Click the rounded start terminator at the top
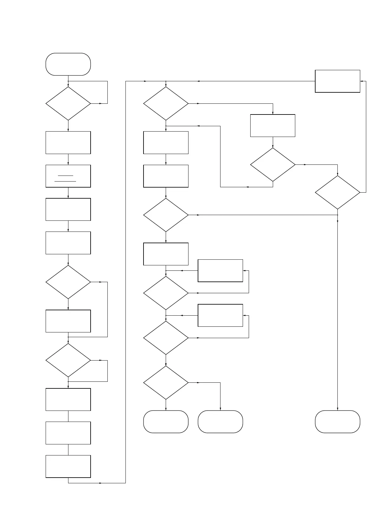coord(68,64)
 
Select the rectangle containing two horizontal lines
coord(68,176)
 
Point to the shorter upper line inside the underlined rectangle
coord(66,176)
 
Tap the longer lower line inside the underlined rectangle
coord(65,181)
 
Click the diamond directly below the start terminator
coord(68,103)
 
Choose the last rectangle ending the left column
coord(68,466)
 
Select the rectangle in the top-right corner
coord(337,81)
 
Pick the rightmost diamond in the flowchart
coord(337,192)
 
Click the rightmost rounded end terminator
coord(337,422)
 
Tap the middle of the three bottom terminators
coord(220,422)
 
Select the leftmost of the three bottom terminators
coord(166,422)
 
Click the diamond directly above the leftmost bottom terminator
coord(166,383)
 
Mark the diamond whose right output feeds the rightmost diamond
coord(272,164)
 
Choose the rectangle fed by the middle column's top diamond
coord(272,126)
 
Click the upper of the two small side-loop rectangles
coord(220,271)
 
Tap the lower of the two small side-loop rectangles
coord(220,315)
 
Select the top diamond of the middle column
coord(166,103)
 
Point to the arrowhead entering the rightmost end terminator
coord(337,409)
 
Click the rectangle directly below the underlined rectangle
coord(68,209)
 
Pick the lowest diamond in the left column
coord(68,360)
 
